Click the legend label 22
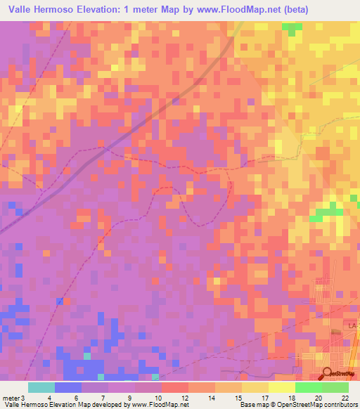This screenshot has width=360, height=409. coord(344,397)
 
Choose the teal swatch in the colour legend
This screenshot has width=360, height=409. coord(41,387)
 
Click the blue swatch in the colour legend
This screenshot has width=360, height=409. coord(68,387)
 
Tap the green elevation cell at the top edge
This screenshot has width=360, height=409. coord(290,29)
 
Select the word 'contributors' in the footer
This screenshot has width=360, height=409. coord(341,405)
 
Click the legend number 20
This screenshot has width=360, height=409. coord(319,397)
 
